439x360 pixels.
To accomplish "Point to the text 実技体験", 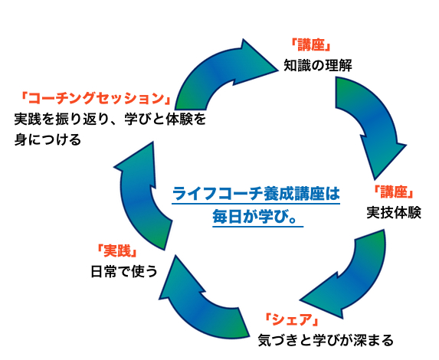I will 394,211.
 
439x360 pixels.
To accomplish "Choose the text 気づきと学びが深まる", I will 326,339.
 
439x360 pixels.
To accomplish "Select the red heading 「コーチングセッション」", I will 97,99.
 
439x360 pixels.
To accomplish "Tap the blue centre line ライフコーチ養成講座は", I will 255,194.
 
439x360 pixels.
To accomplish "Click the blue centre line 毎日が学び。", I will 255,216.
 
